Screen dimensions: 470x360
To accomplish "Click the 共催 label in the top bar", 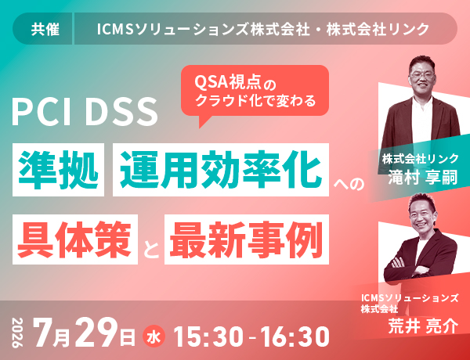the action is (45, 30).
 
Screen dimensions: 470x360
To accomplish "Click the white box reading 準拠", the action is (58, 170).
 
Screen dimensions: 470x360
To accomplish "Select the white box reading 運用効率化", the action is (221, 170).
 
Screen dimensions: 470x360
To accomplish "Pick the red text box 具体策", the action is (75, 239).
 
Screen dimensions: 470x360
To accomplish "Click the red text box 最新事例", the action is (247, 239).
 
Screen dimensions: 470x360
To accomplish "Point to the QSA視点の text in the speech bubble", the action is (235, 82).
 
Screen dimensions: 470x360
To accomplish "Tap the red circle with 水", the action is (154, 337).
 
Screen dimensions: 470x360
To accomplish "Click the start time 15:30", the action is (208, 337).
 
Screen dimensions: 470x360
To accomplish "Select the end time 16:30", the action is (295, 337).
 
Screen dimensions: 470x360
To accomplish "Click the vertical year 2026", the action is (18, 333).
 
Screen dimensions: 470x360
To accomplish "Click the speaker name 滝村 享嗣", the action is (423, 178).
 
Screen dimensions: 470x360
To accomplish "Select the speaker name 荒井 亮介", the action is (423, 326).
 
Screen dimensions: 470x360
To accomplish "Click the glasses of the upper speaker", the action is (421, 75).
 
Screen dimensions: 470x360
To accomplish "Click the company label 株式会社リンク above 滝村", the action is (420, 158).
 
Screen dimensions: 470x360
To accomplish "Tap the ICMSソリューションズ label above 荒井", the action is (410, 299).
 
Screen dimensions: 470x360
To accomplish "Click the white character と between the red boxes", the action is (151, 250).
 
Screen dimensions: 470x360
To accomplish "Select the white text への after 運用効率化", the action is (349, 183).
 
